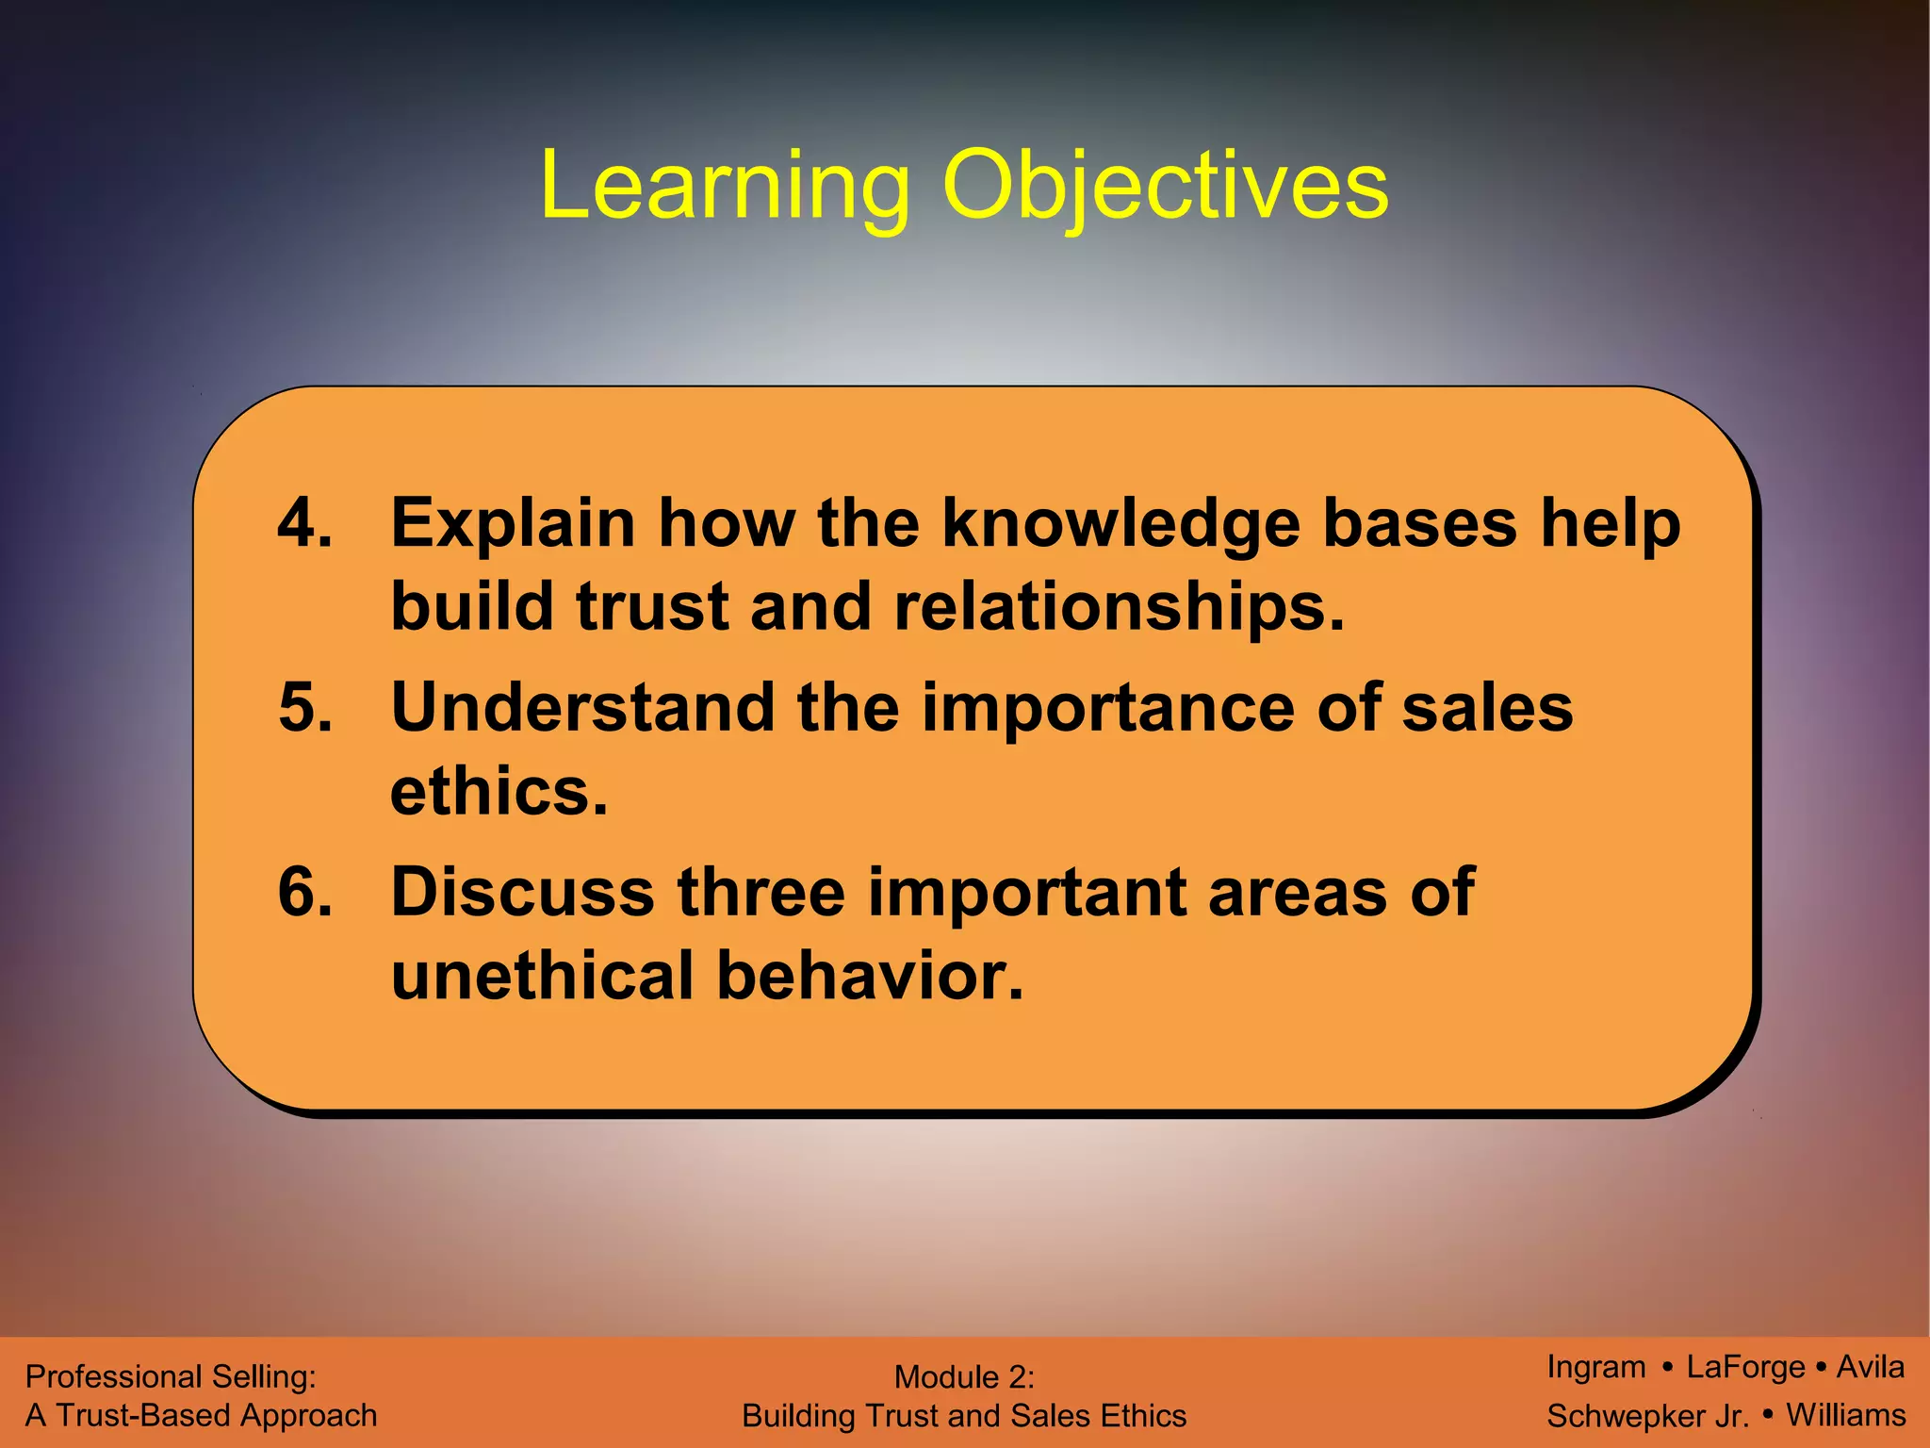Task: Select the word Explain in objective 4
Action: tap(513, 524)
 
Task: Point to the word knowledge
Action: tap(1120, 524)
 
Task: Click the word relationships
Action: tap(1120, 606)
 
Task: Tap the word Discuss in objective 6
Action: tap(522, 892)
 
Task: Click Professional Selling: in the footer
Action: tap(171, 1376)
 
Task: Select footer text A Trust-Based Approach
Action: tap(201, 1415)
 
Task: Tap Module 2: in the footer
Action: tap(963, 1377)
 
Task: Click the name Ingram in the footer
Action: tap(1595, 1367)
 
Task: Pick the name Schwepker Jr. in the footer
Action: tap(1647, 1416)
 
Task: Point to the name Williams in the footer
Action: tap(1845, 1415)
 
